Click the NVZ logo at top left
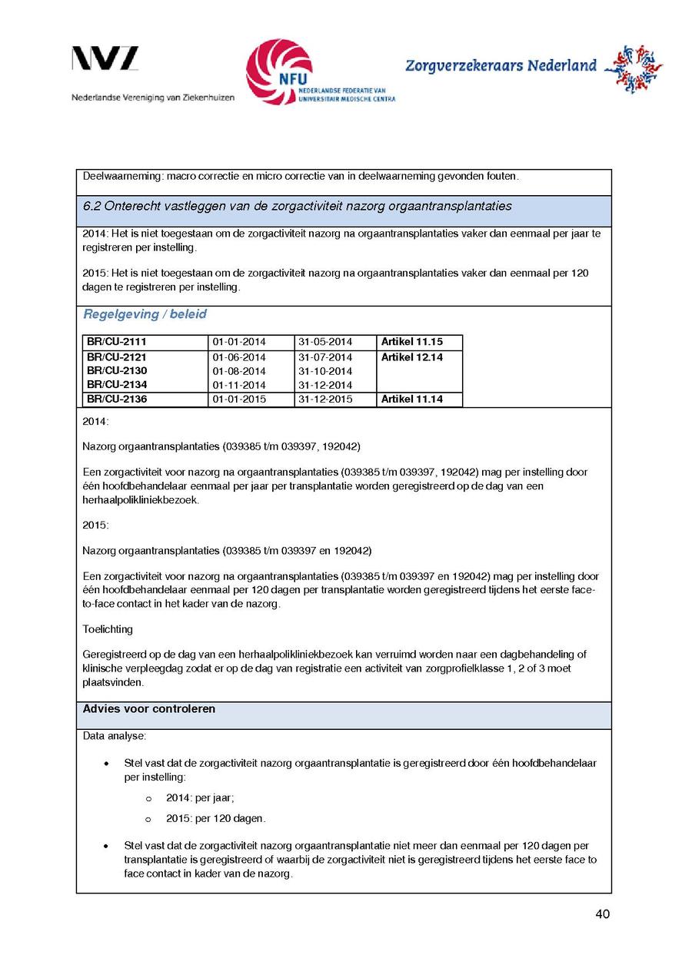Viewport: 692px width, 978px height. click(105, 59)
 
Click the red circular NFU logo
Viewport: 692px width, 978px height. click(278, 72)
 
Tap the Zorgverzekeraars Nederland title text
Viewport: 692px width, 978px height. click(501, 66)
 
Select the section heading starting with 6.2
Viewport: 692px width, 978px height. click(297, 207)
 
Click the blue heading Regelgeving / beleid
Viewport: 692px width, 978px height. click(145, 314)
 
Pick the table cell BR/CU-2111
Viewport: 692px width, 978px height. click(117, 342)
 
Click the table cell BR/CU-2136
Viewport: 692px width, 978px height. click(117, 399)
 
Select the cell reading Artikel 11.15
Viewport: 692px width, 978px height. click(412, 342)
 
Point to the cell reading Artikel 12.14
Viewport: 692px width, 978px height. click(412, 357)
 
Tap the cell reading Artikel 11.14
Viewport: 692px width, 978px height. click(412, 399)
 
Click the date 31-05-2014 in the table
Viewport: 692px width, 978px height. click(324, 342)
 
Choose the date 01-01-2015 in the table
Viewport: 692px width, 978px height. click(239, 399)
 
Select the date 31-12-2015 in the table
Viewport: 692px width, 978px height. click(324, 399)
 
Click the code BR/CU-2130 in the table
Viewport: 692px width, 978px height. click(117, 371)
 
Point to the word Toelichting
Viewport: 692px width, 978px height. click(108, 629)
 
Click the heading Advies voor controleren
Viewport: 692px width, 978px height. click(149, 709)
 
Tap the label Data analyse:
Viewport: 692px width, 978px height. click(114, 736)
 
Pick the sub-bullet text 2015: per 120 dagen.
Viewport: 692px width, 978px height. click(216, 818)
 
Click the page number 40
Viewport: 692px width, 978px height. click(602, 914)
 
